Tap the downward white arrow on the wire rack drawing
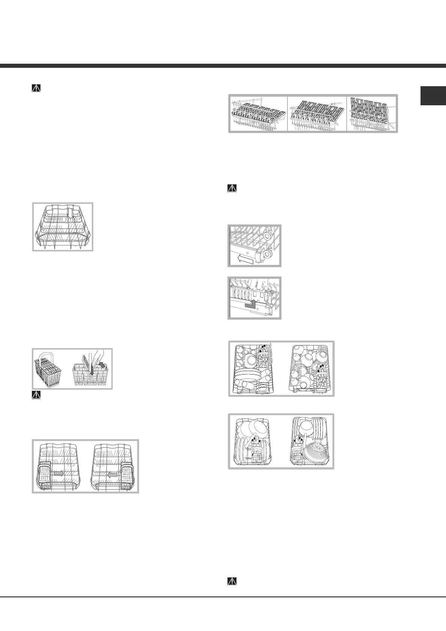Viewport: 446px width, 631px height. (70, 212)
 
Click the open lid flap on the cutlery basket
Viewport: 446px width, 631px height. (87, 361)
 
